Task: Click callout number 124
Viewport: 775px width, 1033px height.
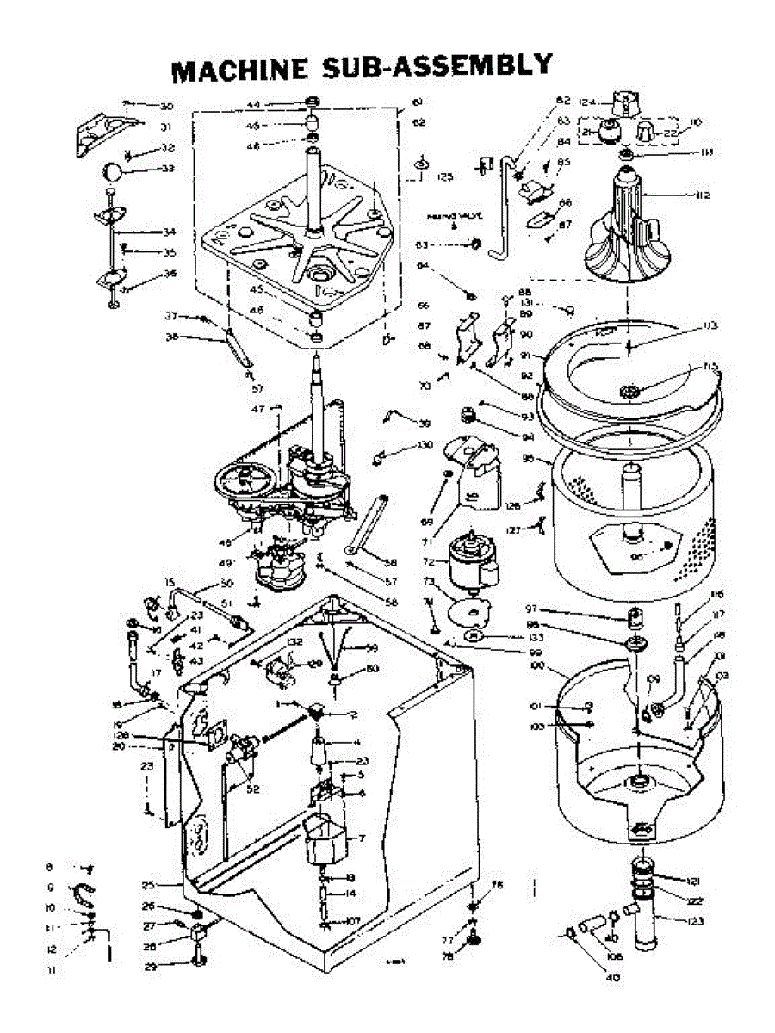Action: [588, 102]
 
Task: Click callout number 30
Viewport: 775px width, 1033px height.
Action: [165, 107]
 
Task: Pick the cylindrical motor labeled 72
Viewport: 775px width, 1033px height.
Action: [470, 563]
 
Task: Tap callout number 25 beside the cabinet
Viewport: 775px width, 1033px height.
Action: [149, 885]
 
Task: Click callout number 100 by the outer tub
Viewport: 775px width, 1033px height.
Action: [540, 668]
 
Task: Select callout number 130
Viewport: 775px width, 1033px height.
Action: [425, 445]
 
